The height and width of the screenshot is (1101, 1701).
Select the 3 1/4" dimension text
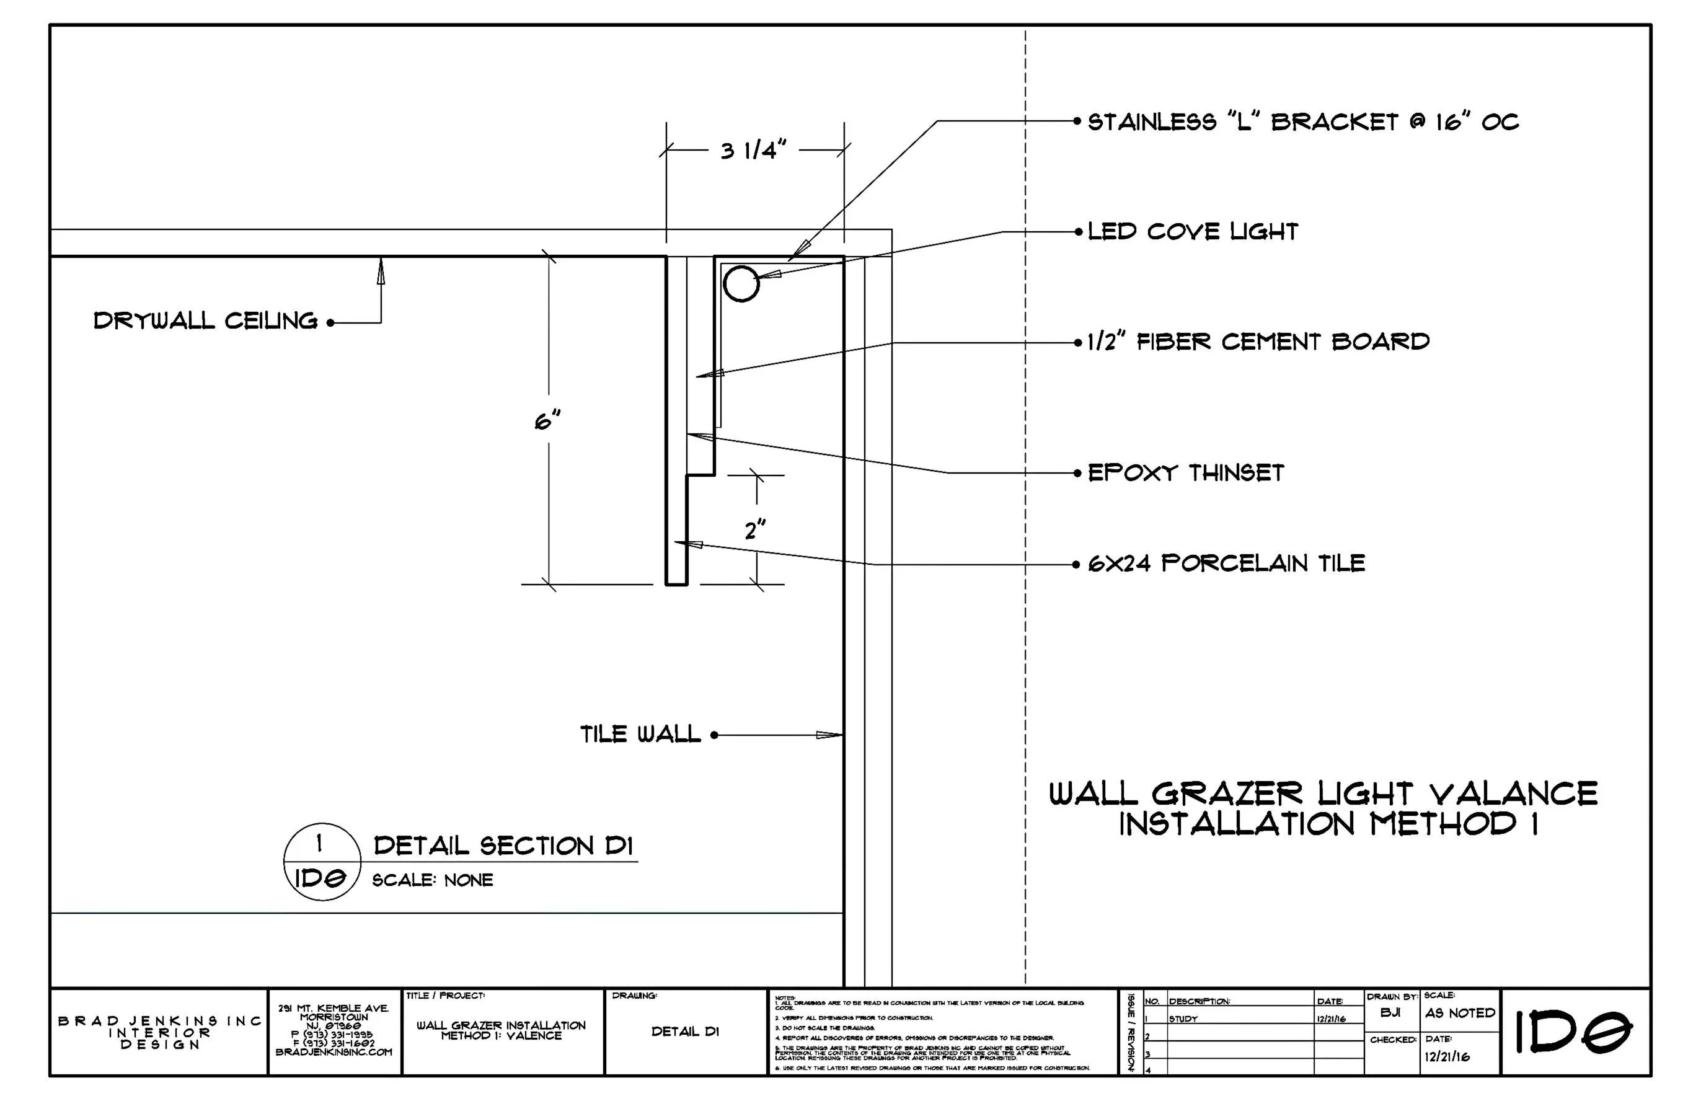click(753, 151)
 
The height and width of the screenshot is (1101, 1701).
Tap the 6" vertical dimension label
click(547, 421)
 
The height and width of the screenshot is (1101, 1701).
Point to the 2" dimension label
click(755, 531)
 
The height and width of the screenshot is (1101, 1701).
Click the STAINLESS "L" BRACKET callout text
click(1302, 122)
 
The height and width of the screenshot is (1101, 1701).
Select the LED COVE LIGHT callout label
click(1192, 232)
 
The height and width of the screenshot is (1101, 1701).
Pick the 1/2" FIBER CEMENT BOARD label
click(1258, 342)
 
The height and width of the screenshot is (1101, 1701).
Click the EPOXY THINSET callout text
click(1186, 472)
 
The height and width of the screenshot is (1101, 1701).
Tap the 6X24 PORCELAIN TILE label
click(1226, 564)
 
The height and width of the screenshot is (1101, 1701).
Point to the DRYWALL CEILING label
click(206, 321)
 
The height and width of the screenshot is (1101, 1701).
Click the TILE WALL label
click(640, 734)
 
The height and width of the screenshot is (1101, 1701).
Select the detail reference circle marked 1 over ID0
click(322, 862)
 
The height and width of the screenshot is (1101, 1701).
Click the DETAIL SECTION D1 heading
click(503, 846)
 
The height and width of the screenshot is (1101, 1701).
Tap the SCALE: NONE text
click(433, 880)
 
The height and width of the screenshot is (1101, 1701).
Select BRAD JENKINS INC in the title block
click(160, 1021)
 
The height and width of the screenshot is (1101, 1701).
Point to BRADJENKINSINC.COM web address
click(334, 1053)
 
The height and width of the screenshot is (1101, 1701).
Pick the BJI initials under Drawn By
click(1390, 1013)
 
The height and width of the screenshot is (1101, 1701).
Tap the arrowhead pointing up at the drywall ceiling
click(381, 271)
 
